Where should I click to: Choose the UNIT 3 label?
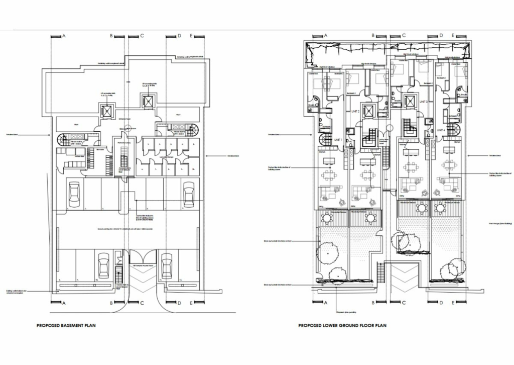(423, 102)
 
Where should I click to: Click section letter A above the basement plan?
(64, 36)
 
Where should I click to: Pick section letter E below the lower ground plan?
(453, 303)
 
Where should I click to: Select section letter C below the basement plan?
(142, 303)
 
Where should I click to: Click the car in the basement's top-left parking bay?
(73, 194)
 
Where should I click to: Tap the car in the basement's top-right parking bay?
(189, 194)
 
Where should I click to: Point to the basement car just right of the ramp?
(166, 265)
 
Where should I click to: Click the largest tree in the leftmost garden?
(328, 251)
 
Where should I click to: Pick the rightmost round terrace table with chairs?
(440, 208)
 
